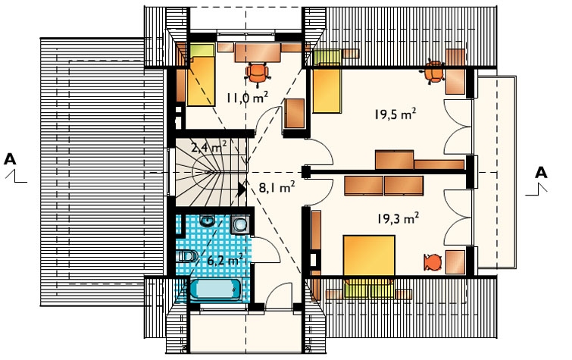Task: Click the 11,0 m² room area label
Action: pyautogui.click(x=247, y=98)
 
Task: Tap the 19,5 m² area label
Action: pyautogui.click(x=395, y=114)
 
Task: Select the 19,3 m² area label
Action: pyautogui.click(x=398, y=218)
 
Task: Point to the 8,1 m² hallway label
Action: pyautogui.click(x=277, y=187)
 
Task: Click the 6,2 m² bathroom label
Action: pyautogui.click(x=225, y=260)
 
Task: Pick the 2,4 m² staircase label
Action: pyautogui.click(x=208, y=148)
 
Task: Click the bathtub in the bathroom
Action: pyautogui.click(x=215, y=290)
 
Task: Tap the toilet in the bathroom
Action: pyautogui.click(x=187, y=256)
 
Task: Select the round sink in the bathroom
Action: pyautogui.click(x=208, y=220)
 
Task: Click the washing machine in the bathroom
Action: pyautogui.click(x=240, y=224)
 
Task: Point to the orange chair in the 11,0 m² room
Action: pyautogui.click(x=258, y=74)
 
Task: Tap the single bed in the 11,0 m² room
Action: pyautogui.click(x=201, y=75)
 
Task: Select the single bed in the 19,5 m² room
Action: pyautogui.click(x=327, y=81)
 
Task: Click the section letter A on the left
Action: pyautogui.click(x=10, y=159)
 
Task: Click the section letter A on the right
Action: pyautogui.click(x=541, y=172)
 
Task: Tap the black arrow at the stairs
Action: pyautogui.click(x=242, y=189)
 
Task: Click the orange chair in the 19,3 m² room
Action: pyautogui.click(x=433, y=262)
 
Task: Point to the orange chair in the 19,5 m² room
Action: pyautogui.click(x=434, y=72)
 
